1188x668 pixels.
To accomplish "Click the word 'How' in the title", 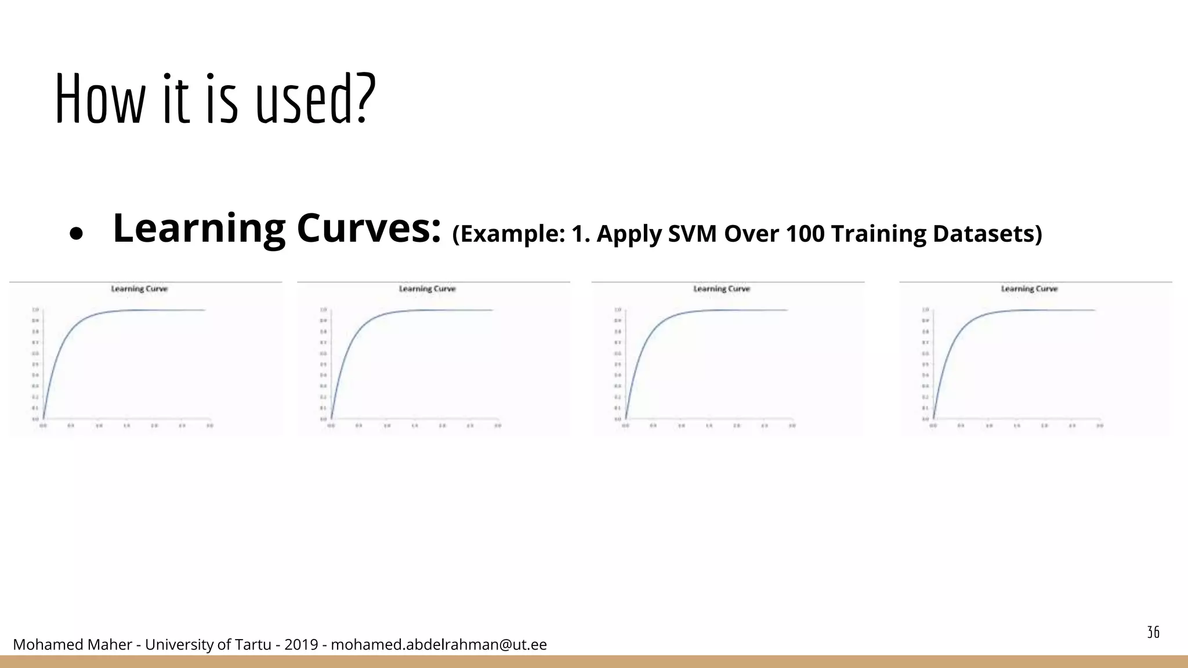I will [x=99, y=100].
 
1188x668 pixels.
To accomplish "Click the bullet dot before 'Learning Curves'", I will [x=76, y=234].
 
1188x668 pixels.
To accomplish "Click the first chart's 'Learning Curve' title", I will [x=139, y=289].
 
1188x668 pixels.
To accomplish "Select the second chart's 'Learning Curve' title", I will [x=427, y=289].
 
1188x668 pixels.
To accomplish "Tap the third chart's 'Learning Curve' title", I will [x=722, y=289].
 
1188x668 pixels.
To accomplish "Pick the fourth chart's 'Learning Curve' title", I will [x=1029, y=289].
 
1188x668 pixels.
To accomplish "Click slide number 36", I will [x=1153, y=632].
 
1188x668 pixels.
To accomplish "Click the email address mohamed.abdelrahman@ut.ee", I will [x=439, y=645].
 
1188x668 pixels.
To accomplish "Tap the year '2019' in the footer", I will [x=300, y=645].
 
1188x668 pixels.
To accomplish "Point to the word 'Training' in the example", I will [x=878, y=234].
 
